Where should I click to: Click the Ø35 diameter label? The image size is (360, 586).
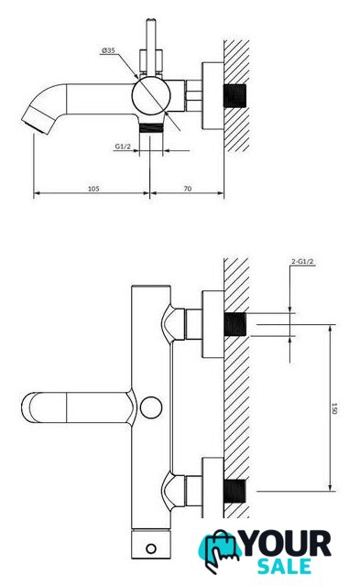[108, 50]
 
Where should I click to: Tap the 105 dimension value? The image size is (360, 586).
[93, 189]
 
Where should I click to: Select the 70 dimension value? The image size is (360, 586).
[188, 189]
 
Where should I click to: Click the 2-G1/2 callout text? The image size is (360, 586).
[302, 261]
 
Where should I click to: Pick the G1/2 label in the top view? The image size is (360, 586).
[123, 146]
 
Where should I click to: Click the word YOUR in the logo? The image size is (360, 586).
[287, 544]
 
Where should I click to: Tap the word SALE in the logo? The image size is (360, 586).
[285, 567]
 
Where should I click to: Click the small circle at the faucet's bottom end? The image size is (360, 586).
[151, 548]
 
